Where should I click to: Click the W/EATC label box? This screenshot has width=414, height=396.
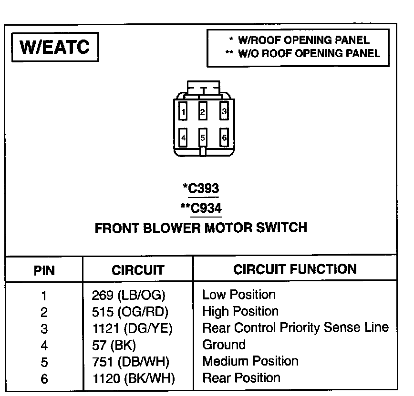click(x=54, y=48)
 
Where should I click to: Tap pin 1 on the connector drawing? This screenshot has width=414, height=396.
click(x=183, y=112)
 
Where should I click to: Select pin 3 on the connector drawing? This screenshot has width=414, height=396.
click(x=224, y=112)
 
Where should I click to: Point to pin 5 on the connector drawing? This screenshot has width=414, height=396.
click(x=203, y=139)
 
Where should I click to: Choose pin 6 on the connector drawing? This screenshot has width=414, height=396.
click(x=224, y=139)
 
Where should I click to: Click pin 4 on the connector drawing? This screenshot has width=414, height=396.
click(x=183, y=139)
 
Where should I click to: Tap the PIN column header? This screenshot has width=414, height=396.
click(x=44, y=271)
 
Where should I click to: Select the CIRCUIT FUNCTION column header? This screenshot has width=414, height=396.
click(x=295, y=269)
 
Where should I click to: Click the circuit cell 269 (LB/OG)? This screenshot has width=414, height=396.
click(x=128, y=296)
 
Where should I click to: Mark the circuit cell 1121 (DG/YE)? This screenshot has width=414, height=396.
click(x=132, y=328)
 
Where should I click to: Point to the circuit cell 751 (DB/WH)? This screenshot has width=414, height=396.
click(x=130, y=362)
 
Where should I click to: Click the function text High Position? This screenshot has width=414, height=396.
click(x=240, y=311)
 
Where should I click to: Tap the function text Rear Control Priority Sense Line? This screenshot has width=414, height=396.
click(x=295, y=328)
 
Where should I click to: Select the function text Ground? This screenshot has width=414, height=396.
click(x=224, y=345)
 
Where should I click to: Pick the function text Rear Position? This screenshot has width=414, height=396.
click(x=241, y=378)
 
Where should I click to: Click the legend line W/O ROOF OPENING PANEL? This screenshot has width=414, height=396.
click(x=303, y=53)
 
